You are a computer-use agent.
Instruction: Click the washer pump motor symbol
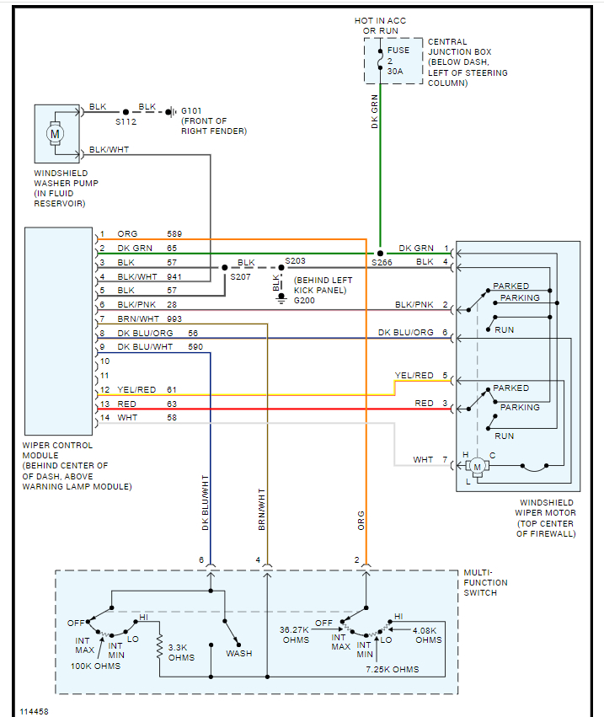56,134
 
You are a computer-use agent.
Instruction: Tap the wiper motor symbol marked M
478,466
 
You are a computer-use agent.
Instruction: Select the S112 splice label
126,122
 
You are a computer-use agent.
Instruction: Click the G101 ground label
191,110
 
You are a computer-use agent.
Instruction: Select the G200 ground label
304,300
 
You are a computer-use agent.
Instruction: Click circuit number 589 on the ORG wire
174,233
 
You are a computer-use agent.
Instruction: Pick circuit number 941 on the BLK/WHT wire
174,276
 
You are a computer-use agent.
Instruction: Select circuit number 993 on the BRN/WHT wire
174,318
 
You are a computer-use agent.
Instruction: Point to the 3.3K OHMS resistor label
182,652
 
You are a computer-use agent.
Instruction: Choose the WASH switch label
238,653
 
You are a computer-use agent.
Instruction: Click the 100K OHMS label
95,666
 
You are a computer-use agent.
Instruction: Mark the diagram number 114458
35,711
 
